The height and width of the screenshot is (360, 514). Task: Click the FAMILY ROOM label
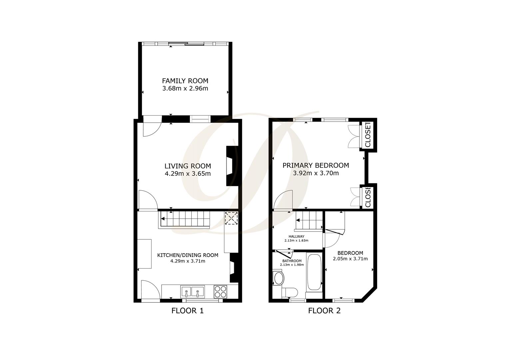185,81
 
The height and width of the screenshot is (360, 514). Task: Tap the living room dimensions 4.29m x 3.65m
188,174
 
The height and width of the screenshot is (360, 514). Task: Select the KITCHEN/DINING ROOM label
188,255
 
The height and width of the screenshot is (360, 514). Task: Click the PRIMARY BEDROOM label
316,165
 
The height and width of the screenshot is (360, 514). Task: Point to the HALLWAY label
296,236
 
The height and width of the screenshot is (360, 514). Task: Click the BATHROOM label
292,261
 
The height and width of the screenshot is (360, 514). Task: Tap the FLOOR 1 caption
187,311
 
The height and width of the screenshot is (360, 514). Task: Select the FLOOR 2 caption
324,311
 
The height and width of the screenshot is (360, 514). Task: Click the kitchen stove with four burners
220,292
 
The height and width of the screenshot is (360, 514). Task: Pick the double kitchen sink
192,292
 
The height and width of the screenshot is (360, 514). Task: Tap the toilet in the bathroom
289,292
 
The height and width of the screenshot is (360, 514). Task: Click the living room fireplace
231,166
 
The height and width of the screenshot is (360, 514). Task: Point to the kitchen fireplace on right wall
234,268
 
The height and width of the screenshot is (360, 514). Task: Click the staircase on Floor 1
185,219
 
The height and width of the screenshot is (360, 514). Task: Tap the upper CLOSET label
368,135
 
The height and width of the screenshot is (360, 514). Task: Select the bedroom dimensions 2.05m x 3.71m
350,259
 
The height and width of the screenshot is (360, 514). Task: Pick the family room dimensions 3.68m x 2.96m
185,89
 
